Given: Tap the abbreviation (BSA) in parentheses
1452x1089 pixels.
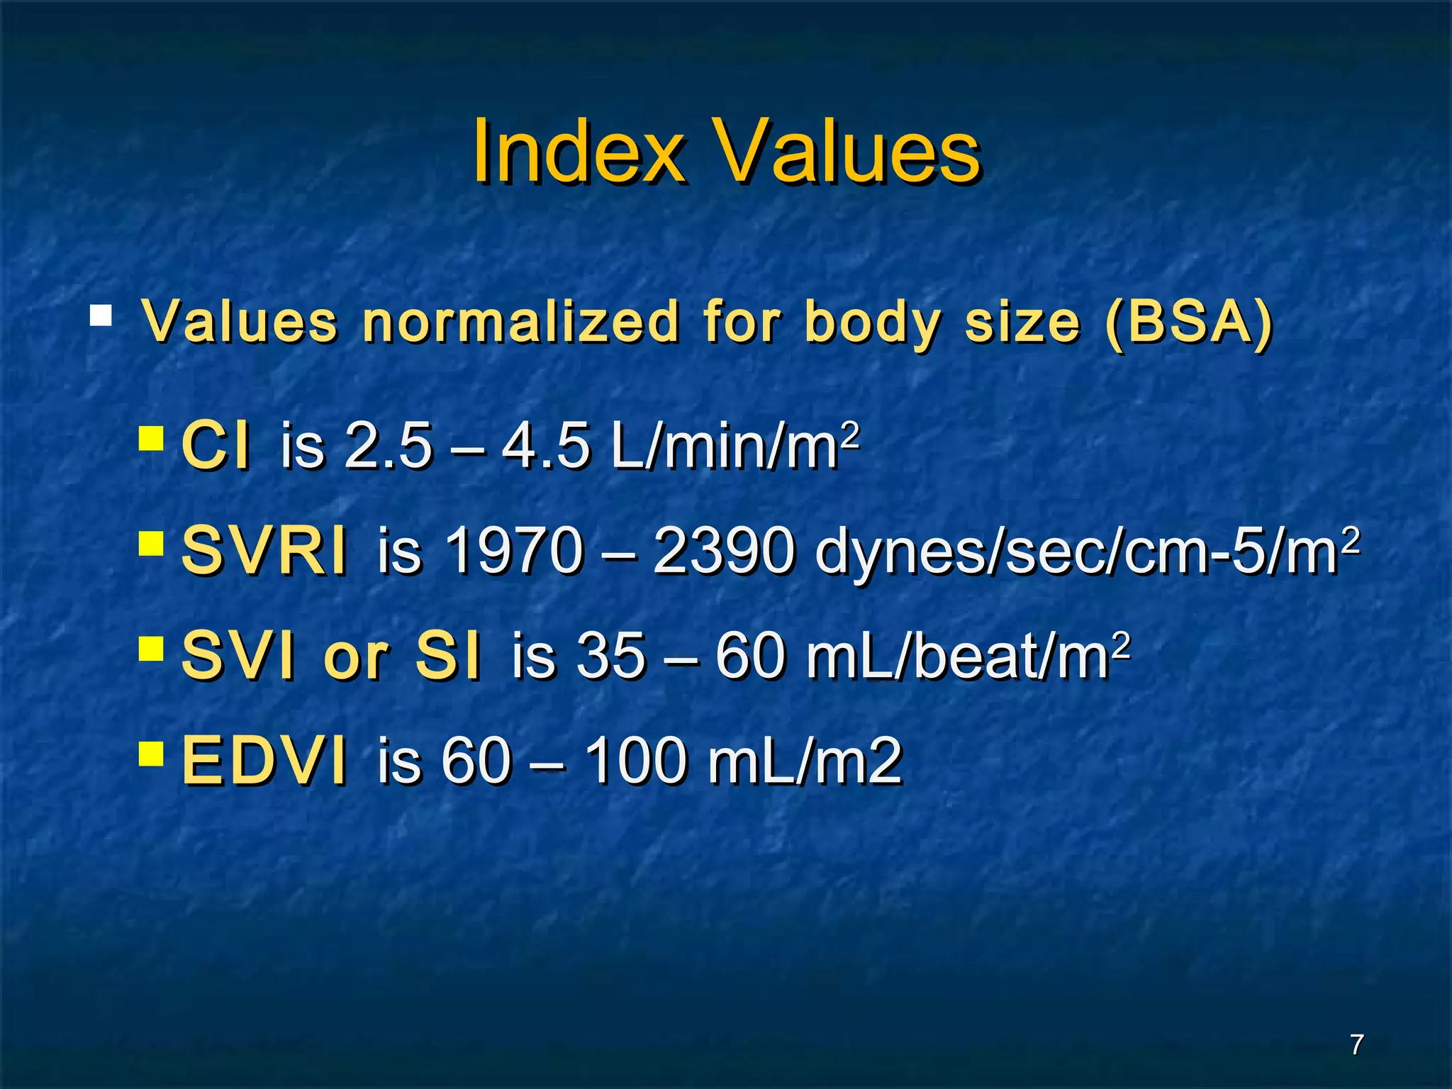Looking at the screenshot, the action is pos(1189,323).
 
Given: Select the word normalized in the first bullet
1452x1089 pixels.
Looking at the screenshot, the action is pos(520,323).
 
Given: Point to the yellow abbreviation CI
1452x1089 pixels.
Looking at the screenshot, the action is pos(216,445).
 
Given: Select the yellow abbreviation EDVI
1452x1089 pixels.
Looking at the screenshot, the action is pos(264,760).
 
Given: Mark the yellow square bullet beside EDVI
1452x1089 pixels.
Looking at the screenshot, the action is pos(151,753).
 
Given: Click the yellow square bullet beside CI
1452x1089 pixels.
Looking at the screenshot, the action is pos(151,438).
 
